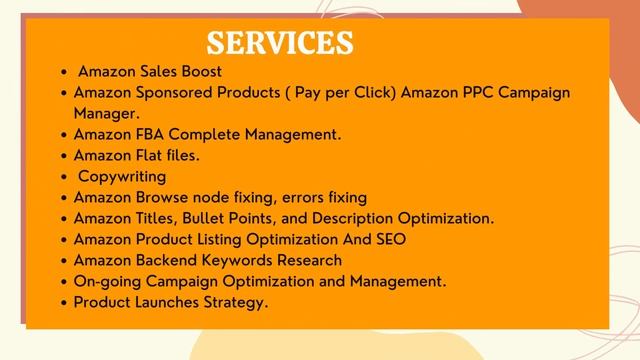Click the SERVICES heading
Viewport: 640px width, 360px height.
point(280,42)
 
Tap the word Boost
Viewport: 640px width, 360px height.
point(200,72)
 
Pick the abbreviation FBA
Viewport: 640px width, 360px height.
point(147,134)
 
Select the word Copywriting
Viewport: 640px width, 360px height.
point(122,176)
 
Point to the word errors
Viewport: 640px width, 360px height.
point(293,197)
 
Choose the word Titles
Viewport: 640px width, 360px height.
point(153,218)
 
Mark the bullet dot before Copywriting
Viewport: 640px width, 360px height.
point(65,177)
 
